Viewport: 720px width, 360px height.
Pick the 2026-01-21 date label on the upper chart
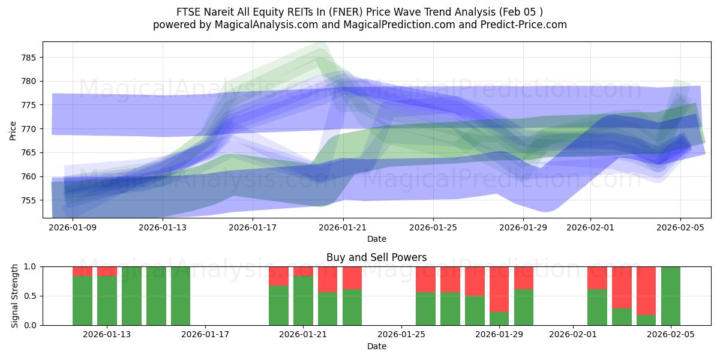point(343,227)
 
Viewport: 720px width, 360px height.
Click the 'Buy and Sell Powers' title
point(376,257)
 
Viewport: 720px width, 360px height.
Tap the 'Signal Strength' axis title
point(14,296)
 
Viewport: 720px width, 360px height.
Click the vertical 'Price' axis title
point(13,130)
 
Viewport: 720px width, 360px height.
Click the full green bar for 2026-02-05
point(671,296)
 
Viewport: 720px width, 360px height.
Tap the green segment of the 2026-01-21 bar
point(303,301)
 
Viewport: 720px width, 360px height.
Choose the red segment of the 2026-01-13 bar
point(107,271)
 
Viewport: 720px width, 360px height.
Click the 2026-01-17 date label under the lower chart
point(205,334)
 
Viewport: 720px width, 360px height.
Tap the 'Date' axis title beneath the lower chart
point(376,346)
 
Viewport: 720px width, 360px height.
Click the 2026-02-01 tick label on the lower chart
point(573,334)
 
